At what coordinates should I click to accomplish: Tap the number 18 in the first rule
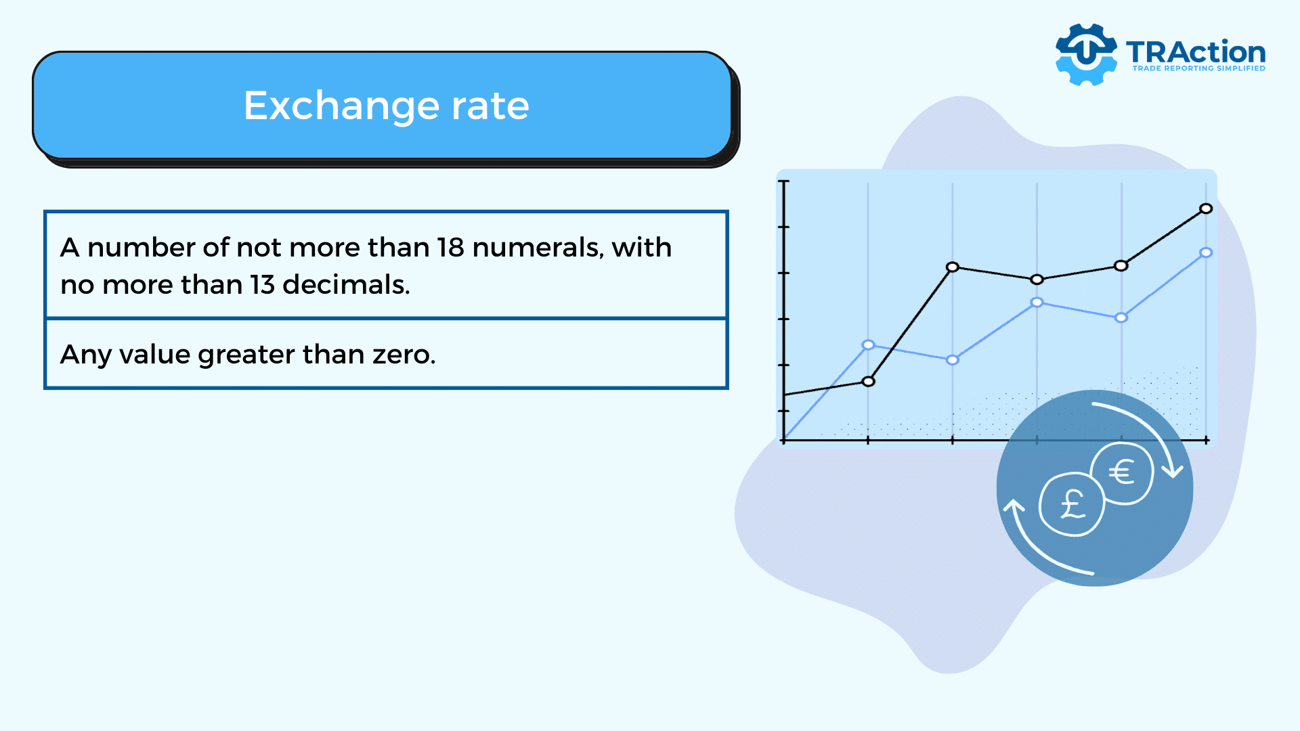pos(450,248)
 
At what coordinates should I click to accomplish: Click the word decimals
pos(346,285)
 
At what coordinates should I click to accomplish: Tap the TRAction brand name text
pos(1196,52)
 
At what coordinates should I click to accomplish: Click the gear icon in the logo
pos(1086,54)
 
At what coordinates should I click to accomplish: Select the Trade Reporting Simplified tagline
pos(1198,68)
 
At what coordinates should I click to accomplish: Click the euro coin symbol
pos(1122,472)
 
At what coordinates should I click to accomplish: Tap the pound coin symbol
pos(1072,504)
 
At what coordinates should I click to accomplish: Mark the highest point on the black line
pos(1206,208)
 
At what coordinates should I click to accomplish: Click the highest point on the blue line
pos(1206,252)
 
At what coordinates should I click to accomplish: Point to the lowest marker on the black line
pos(869,382)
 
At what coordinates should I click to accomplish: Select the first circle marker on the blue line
pos(868,345)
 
